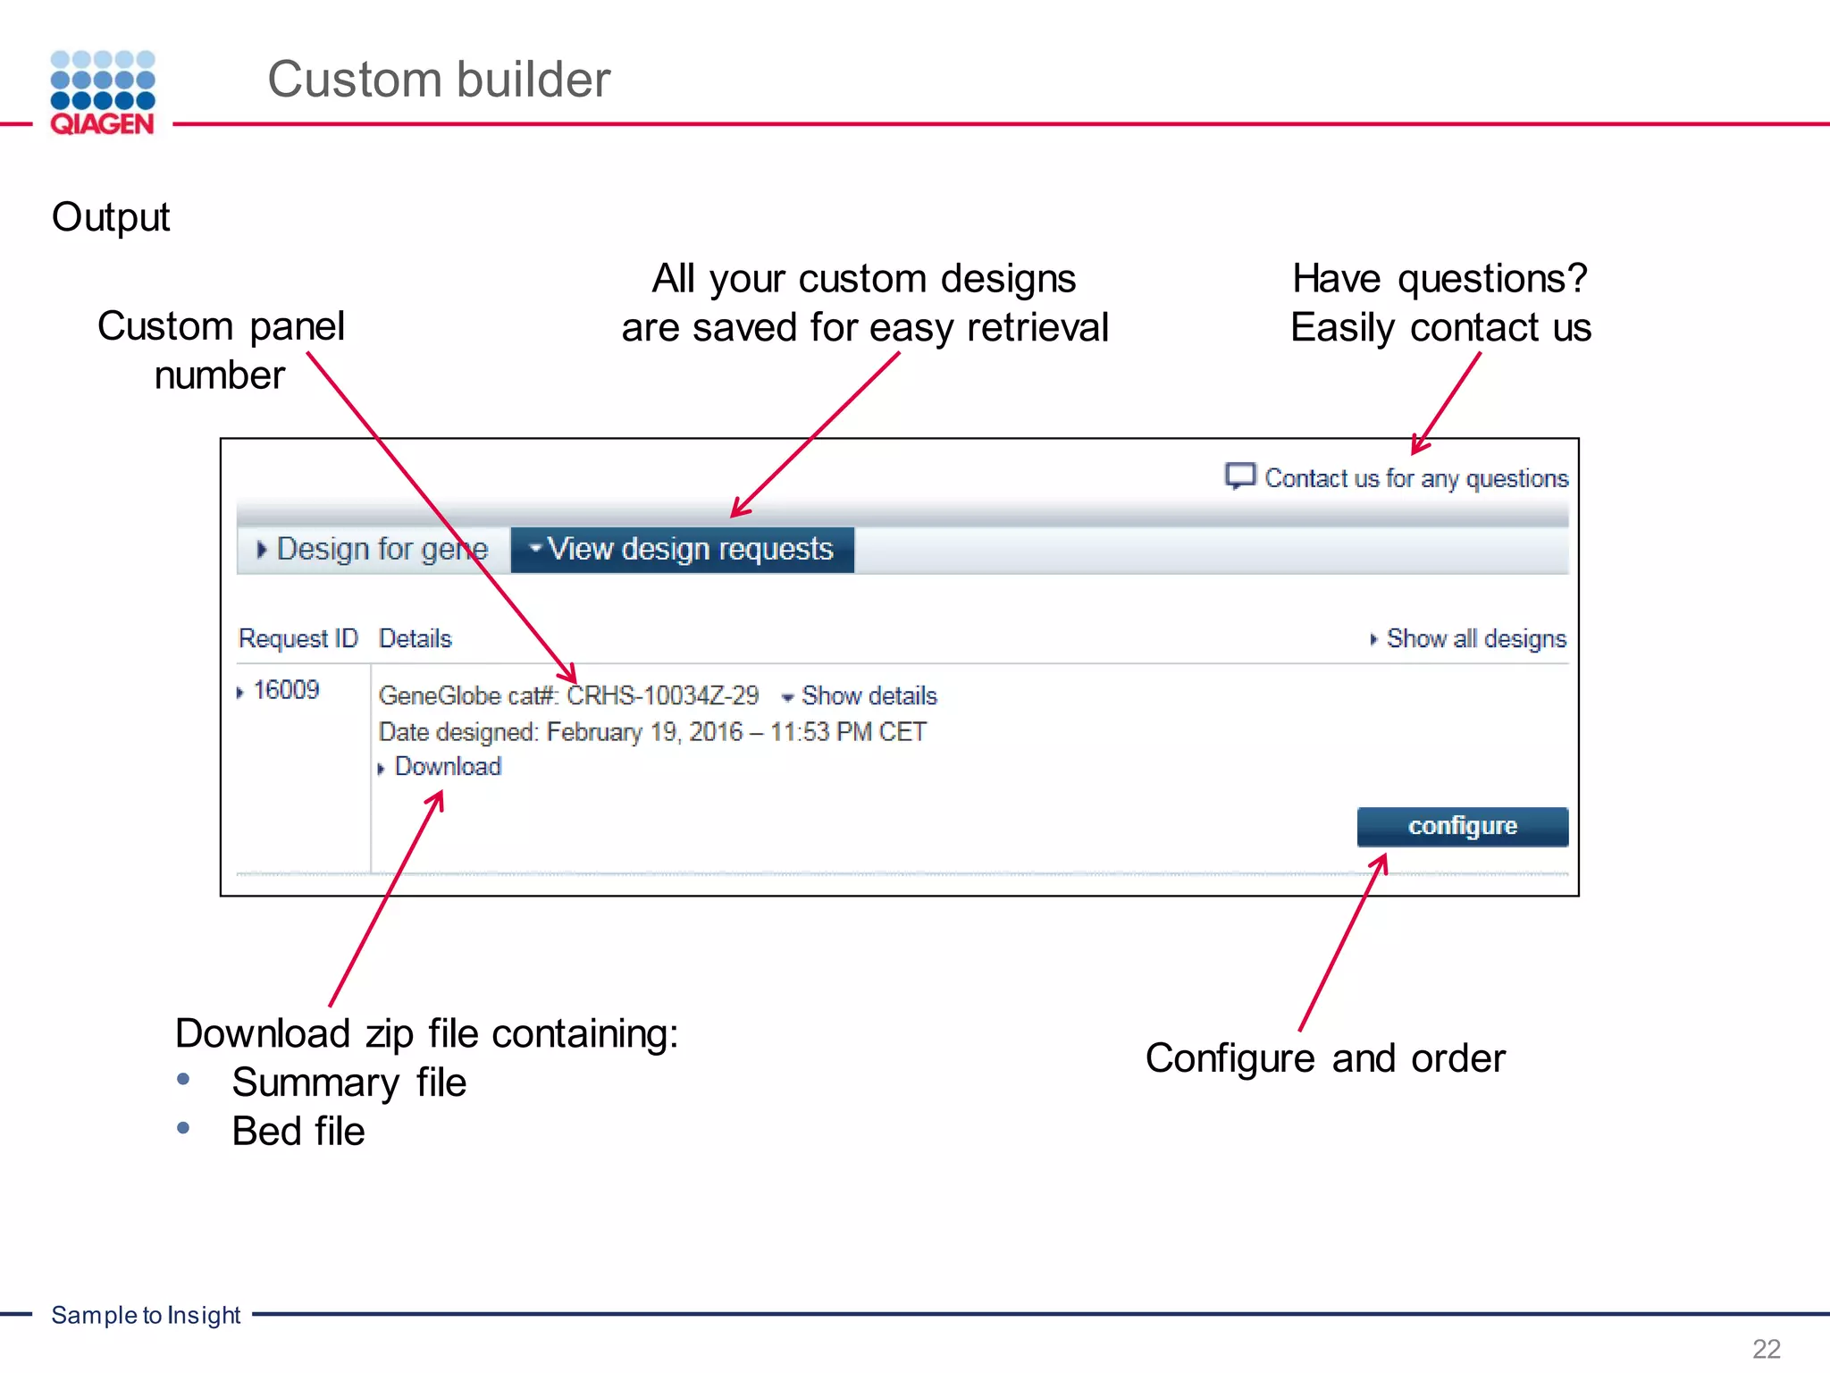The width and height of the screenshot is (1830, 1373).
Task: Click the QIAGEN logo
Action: (103, 93)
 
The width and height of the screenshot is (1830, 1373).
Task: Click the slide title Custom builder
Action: (439, 80)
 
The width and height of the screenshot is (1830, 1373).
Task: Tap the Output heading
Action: (111, 217)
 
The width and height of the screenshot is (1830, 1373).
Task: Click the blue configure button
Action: (1462, 826)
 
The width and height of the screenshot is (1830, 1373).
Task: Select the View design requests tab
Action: (683, 549)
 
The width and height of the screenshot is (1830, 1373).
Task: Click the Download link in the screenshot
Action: (448, 767)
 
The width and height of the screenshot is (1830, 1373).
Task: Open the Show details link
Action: (869, 695)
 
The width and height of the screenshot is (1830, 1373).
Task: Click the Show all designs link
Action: (1475, 638)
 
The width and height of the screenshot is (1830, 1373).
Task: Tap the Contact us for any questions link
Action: (1416, 478)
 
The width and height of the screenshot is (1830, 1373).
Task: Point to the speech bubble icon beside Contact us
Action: (1240, 476)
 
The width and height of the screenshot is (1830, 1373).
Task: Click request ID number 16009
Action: (286, 690)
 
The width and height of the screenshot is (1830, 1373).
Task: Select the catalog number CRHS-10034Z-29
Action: (663, 695)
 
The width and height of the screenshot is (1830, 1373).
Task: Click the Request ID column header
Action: (298, 638)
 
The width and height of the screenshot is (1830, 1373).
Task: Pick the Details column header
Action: (416, 638)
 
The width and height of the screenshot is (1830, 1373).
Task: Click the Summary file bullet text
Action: (349, 1082)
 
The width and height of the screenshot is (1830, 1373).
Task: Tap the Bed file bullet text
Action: (298, 1132)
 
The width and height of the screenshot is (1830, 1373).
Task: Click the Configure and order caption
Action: (1325, 1058)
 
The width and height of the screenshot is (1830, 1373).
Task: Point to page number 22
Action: (1767, 1348)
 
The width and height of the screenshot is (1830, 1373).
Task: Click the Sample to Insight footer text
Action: (146, 1315)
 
